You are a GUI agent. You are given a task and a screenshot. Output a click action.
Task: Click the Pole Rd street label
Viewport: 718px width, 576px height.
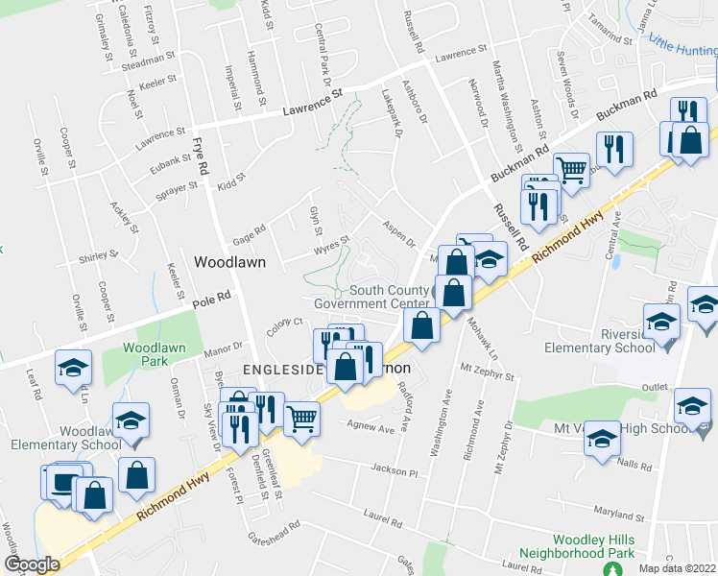point(213,300)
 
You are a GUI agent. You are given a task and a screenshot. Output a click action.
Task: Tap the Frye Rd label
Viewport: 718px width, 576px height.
point(200,154)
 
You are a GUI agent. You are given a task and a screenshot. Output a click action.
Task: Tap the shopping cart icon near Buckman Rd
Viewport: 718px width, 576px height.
point(571,170)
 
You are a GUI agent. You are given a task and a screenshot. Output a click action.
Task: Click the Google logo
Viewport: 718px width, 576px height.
point(32,564)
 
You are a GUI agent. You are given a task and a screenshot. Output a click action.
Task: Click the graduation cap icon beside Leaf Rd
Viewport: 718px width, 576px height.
point(73,370)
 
